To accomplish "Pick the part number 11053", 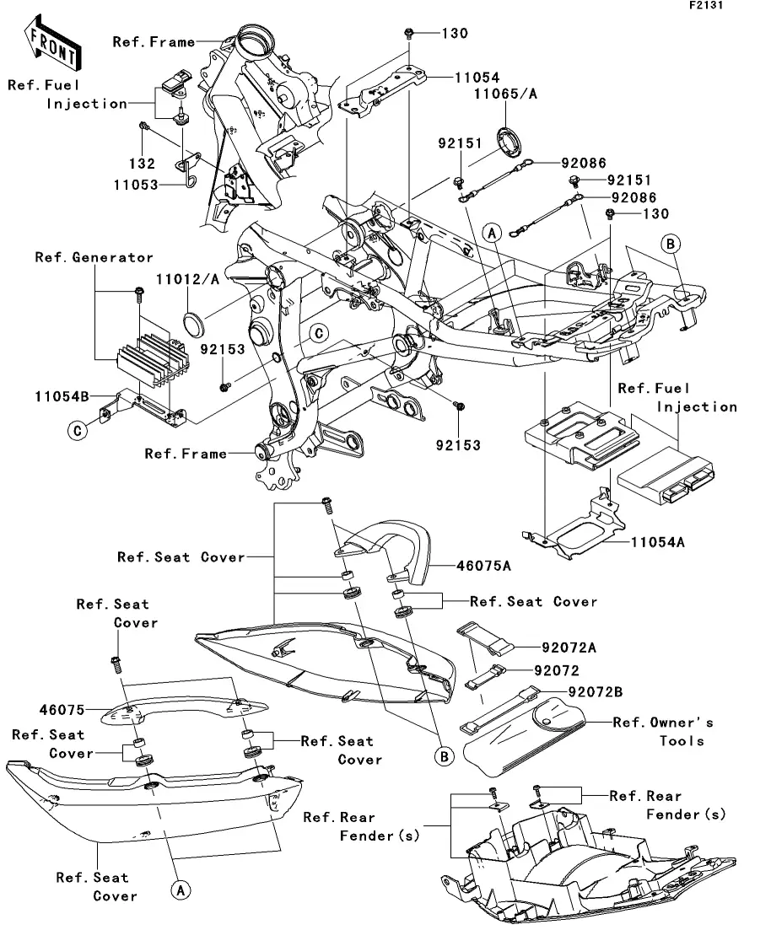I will click(x=134, y=183).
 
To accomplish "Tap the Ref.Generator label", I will click(x=94, y=257).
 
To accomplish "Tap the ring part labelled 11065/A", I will click(x=510, y=141).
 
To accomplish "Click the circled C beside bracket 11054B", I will click(x=76, y=431).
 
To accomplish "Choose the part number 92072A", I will click(x=580, y=648).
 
